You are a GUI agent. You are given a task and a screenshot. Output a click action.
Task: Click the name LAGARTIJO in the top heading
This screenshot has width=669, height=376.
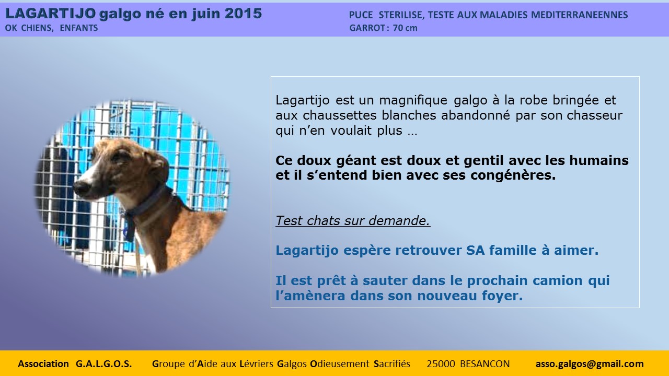tap(51, 14)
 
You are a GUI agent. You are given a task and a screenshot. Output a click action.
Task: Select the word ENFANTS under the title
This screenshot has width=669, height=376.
tap(79, 28)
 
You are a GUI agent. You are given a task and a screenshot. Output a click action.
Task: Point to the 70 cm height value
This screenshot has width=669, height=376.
tap(405, 28)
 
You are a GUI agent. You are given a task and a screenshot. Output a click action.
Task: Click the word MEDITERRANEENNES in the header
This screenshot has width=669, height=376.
tap(580, 15)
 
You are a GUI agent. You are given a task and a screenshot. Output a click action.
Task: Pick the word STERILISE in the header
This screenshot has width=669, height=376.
tap(401, 15)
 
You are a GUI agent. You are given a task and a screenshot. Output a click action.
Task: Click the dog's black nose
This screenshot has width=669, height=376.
tap(81, 187)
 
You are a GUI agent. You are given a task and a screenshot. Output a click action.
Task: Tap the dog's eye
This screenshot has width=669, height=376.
tap(122, 157)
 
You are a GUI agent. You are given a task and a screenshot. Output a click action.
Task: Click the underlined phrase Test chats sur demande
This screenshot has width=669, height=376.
tap(353, 221)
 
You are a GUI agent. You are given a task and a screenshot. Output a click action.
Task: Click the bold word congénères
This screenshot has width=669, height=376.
tap(513, 175)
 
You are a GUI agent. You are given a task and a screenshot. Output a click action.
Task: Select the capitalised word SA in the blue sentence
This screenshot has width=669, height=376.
tap(475, 250)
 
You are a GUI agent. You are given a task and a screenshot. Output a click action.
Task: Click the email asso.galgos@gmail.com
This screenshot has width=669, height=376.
tap(590, 364)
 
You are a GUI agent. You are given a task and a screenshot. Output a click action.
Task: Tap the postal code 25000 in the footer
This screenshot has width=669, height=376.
tap(441, 364)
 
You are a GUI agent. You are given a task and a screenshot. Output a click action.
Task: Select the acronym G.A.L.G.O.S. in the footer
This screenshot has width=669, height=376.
tap(103, 364)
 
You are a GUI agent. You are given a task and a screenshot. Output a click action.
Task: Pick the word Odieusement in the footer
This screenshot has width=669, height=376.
tap(340, 364)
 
